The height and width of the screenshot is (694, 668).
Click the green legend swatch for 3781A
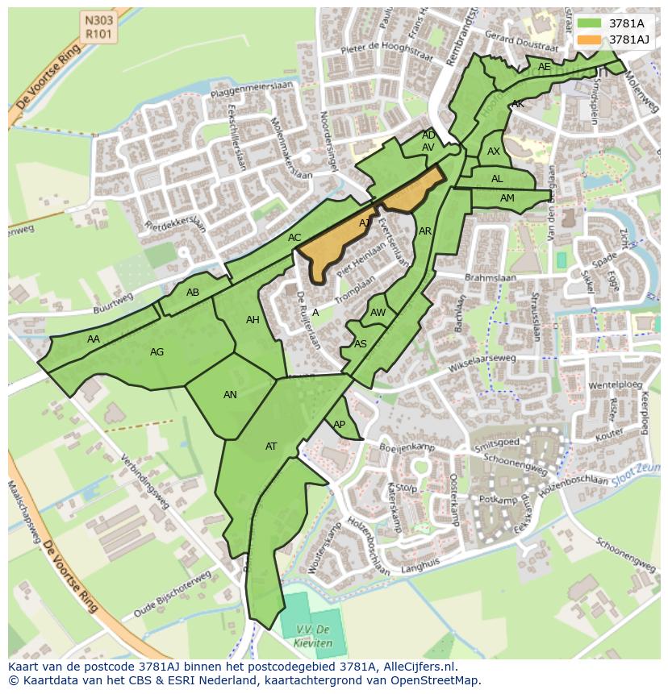589,23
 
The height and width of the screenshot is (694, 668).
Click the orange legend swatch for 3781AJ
589,39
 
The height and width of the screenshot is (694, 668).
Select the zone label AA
94,339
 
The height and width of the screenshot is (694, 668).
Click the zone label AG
157,352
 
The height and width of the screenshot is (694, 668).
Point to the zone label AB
193,293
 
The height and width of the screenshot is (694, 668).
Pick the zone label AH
253,320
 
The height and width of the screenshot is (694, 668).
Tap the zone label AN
231,395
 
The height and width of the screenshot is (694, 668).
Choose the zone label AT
271,447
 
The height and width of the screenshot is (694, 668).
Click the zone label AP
340,425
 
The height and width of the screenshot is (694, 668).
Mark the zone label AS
361,344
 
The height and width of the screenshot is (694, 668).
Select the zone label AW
378,313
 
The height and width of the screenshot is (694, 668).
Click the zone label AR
425,231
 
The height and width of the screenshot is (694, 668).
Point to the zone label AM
507,198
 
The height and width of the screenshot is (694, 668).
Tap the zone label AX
494,152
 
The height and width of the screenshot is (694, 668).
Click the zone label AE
545,67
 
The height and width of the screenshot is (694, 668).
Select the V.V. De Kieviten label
311,637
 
